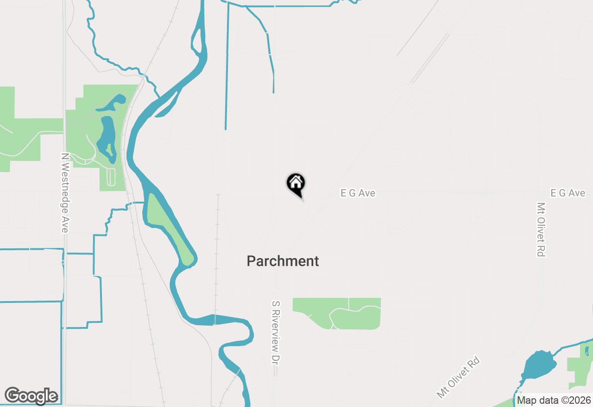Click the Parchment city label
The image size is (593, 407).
[x=283, y=261]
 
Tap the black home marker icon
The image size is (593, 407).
[x=296, y=183]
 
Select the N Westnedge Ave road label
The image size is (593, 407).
[x=64, y=193]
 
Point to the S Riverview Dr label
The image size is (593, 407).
[x=276, y=332]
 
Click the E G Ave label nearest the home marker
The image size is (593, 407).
[x=358, y=193]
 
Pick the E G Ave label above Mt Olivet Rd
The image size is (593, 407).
[x=568, y=193]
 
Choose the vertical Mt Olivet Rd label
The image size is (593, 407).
[x=541, y=229]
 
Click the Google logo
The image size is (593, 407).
[x=31, y=396]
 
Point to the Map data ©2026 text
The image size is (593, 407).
[x=554, y=400]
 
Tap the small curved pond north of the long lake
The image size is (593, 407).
[x=111, y=102]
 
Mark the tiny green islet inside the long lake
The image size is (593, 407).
[x=109, y=150]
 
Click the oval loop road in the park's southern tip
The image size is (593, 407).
[x=110, y=176]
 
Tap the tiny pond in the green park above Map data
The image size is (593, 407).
[x=587, y=351]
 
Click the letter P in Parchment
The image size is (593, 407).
[x=251, y=261]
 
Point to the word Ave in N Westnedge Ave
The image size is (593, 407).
[x=64, y=224]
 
